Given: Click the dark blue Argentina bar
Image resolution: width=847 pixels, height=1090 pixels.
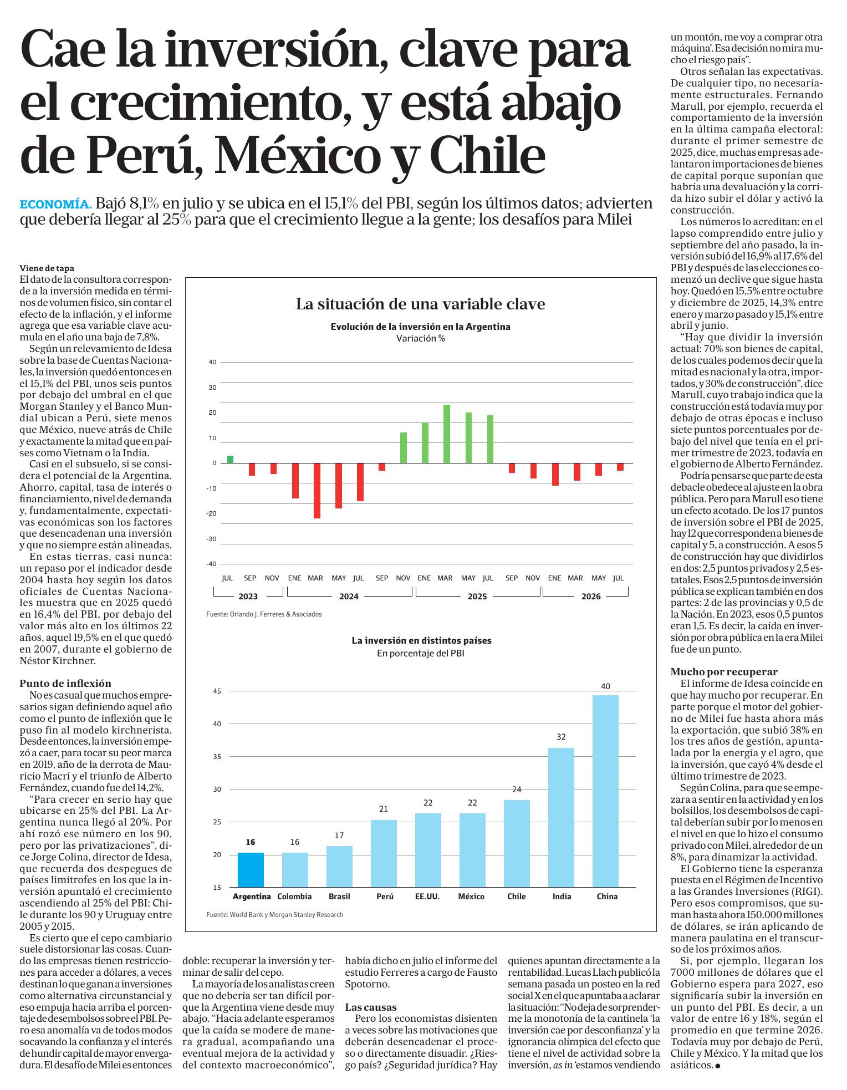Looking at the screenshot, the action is tap(251, 869).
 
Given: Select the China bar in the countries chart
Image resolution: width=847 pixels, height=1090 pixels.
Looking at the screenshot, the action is tap(605, 791).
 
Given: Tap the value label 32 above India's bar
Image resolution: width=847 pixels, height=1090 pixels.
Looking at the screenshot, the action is tap(561, 737).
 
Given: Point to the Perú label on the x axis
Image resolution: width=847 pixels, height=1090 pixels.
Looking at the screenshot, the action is tap(385, 897).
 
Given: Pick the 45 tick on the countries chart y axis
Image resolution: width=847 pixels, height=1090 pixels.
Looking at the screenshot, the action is tap(217, 691).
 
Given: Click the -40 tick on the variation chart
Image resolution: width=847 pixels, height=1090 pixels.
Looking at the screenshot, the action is tap(211, 564).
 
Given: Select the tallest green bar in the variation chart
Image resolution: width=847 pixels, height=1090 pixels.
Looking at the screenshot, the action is tap(447, 434).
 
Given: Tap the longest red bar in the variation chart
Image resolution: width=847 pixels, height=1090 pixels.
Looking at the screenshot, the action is tap(317, 491).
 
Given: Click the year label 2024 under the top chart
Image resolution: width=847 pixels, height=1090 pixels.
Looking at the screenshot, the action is tap(349, 597).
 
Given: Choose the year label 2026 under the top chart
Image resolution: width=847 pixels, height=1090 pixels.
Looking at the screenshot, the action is tap(591, 597).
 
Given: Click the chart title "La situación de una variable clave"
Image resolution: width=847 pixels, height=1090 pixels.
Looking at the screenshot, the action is tap(420, 304).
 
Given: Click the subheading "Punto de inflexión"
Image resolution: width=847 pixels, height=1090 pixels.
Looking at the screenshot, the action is tap(65, 684).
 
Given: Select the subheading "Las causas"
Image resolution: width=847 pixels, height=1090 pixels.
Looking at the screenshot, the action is tap(371, 1007).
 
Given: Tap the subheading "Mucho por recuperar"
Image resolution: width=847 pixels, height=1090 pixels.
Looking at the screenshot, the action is tap(724, 672).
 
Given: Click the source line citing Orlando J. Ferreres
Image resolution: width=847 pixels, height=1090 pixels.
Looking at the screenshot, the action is tap(264, 614).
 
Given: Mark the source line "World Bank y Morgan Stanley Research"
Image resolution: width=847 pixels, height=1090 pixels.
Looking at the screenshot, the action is tap(274, 915).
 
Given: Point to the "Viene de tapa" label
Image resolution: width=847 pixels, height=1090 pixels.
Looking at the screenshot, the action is tap(47, 268).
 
